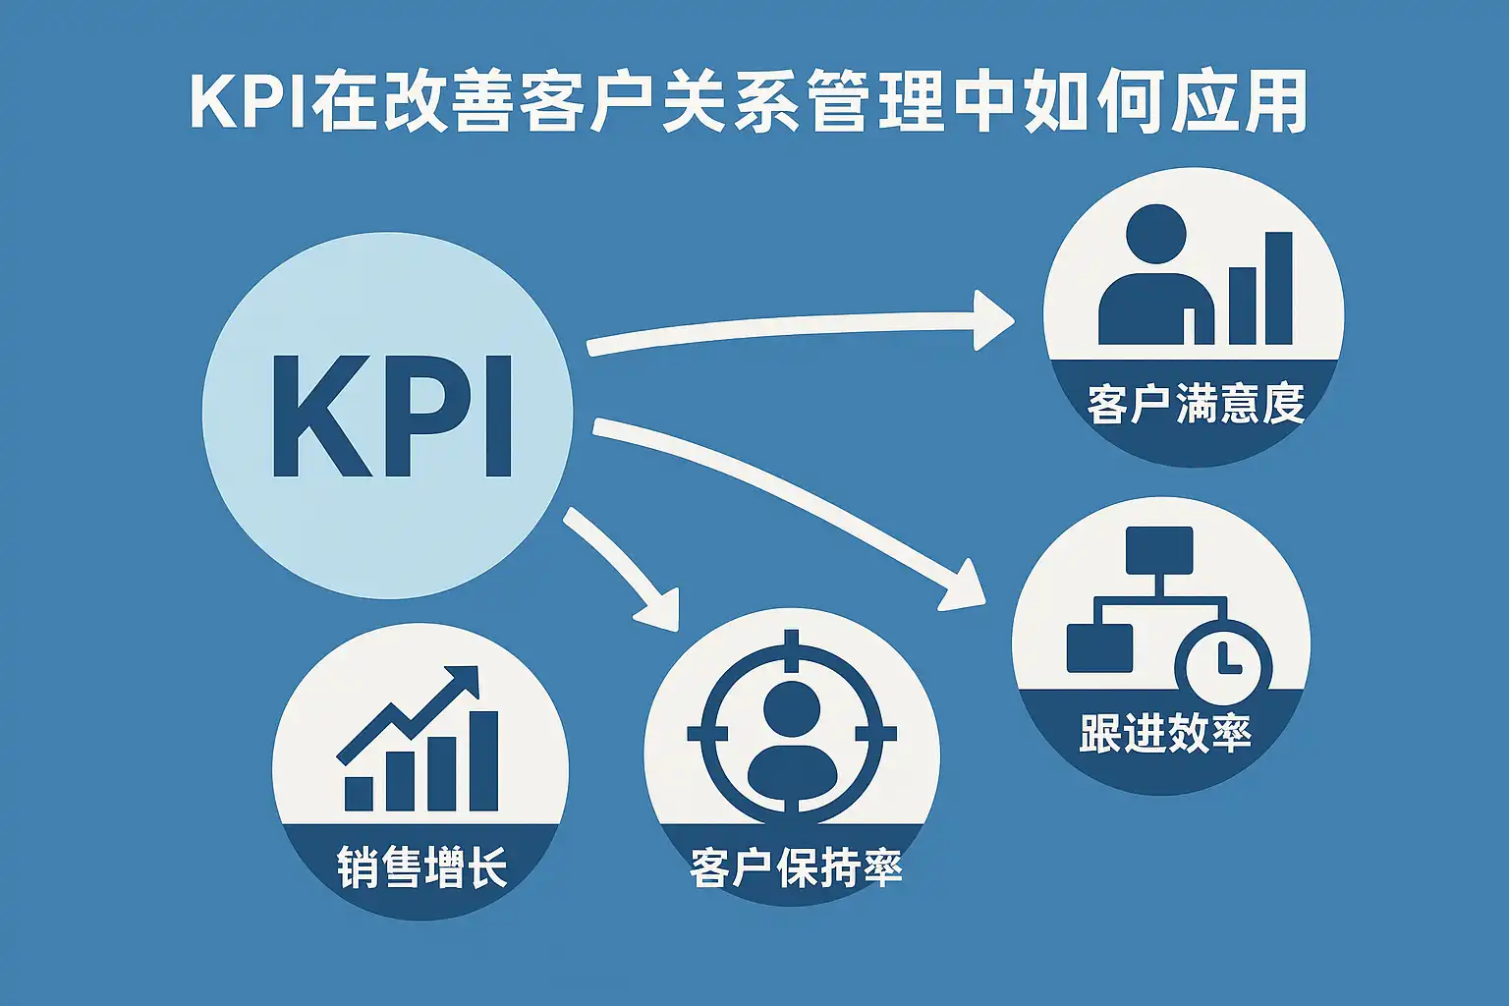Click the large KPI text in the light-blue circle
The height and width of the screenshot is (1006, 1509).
(391, 417)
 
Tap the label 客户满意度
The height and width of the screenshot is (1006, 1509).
(1195, 404)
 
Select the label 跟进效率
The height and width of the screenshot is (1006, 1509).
(1164, 733)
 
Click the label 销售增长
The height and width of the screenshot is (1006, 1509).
(421, 867)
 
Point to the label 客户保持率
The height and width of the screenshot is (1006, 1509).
(796, 867)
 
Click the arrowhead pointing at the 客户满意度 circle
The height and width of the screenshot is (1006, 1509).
(992, 319)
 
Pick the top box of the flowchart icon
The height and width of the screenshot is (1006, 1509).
(1159, 550)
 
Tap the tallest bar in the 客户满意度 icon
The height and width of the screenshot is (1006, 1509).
(1277, 288)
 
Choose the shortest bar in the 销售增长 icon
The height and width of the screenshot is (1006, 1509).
(359, 792)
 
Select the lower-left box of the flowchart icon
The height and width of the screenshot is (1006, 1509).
(1098, 647)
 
